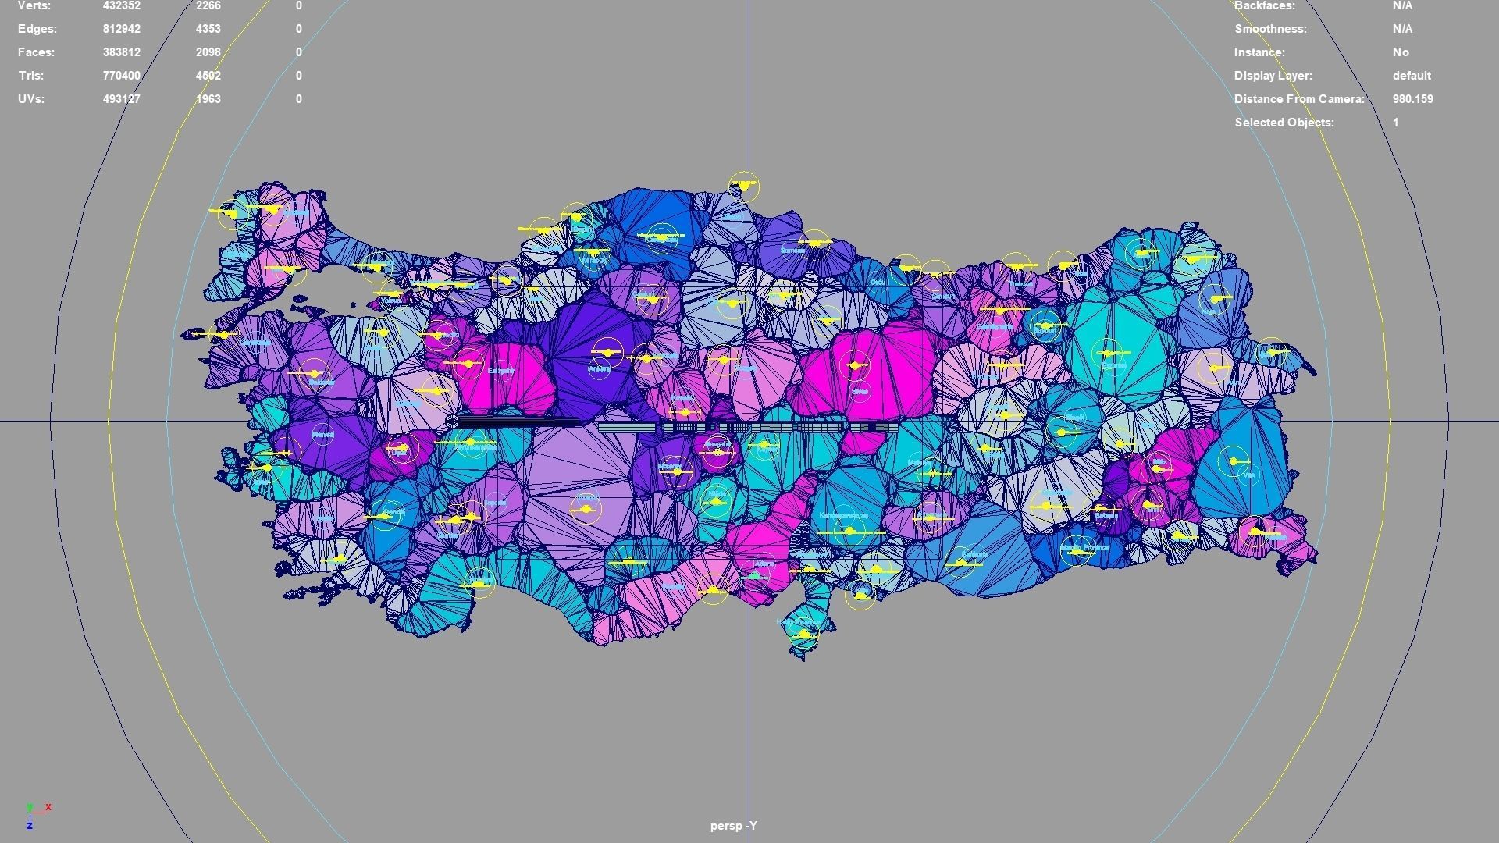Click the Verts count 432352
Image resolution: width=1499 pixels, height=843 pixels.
click(121, 6)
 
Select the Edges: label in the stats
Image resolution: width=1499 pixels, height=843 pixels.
click(37, 29)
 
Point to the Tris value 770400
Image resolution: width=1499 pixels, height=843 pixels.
click(121, 76)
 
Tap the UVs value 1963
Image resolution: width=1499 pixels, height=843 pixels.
click(208, 99)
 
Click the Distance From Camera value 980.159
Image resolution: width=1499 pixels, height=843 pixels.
click(1412, 99)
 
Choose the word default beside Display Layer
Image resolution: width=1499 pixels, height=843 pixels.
click(1412, 76)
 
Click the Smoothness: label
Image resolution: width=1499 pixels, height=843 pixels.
click(1270, 29)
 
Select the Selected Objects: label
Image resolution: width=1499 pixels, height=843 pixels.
click(1284, 123)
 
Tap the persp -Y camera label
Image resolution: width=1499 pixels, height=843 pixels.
click(733, 826)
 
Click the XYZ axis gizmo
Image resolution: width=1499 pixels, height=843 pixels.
click(36, 814)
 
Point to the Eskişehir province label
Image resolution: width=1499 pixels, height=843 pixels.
click(501, 370)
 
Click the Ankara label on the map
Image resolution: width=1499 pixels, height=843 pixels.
click(599, 368)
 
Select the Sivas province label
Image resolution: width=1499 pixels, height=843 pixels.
click(860, 391)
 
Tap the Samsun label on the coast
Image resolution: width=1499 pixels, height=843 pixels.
click(792, 251)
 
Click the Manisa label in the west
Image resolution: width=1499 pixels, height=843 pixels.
click(322, 434)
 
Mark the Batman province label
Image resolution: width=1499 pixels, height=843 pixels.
click(1106, 515)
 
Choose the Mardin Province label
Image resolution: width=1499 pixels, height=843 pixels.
click(1086, 548)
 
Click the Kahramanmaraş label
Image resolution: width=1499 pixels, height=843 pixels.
click(844, 516)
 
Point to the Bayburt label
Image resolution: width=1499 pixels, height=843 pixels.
click(1044, 330)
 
